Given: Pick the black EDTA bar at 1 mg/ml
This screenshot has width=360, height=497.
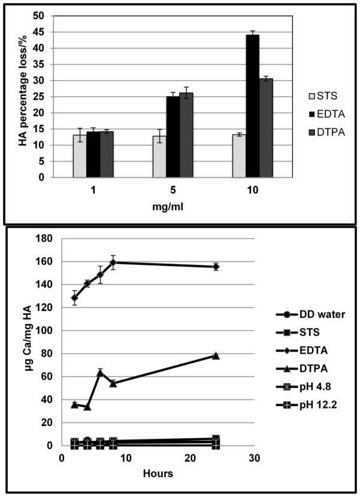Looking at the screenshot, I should coord(93,154).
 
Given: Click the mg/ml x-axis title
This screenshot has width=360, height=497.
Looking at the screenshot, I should coord(173,209).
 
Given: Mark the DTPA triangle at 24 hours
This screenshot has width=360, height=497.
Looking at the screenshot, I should coord(216,356).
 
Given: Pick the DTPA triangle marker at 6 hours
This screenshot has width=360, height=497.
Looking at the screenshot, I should coord(100,372).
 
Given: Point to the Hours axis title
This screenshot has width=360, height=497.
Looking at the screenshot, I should coord(158,473).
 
